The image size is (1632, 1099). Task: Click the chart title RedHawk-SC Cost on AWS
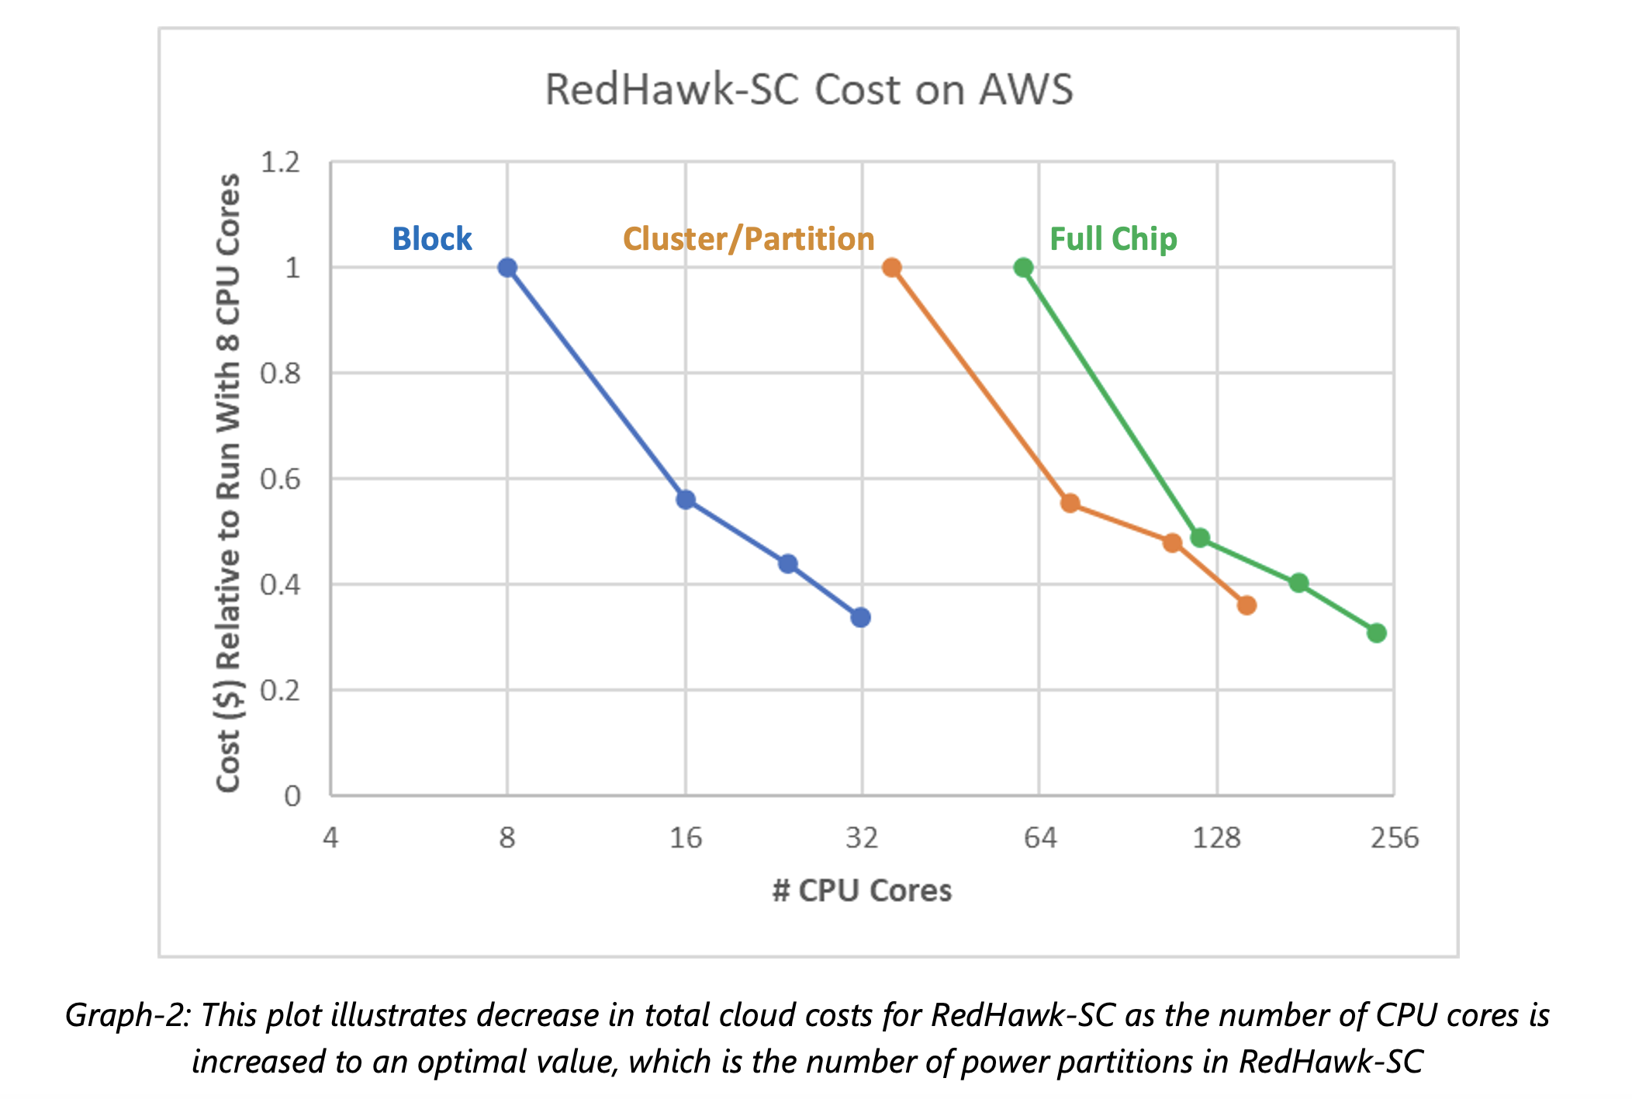808,89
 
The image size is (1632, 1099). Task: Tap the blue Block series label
431,239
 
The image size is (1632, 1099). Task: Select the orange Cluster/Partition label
749,239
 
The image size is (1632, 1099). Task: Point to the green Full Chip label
1112,239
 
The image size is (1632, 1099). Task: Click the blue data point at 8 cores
507,268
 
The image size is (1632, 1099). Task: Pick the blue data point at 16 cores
686,500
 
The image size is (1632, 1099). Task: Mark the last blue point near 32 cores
860,618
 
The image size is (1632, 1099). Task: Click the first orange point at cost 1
892,268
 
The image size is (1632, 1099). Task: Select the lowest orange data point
1246,605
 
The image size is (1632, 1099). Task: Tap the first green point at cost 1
1023,268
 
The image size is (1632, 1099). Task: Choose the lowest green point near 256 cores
1377,633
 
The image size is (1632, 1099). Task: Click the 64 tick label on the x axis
1040,838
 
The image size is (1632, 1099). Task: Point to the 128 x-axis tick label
1216,838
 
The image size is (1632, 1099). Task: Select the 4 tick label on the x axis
330,838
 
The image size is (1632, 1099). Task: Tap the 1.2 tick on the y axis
280,163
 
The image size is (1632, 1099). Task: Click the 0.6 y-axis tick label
280,480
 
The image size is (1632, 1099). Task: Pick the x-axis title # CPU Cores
862,890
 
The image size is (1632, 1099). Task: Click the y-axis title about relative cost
228,483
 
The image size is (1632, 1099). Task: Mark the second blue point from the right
788,563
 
